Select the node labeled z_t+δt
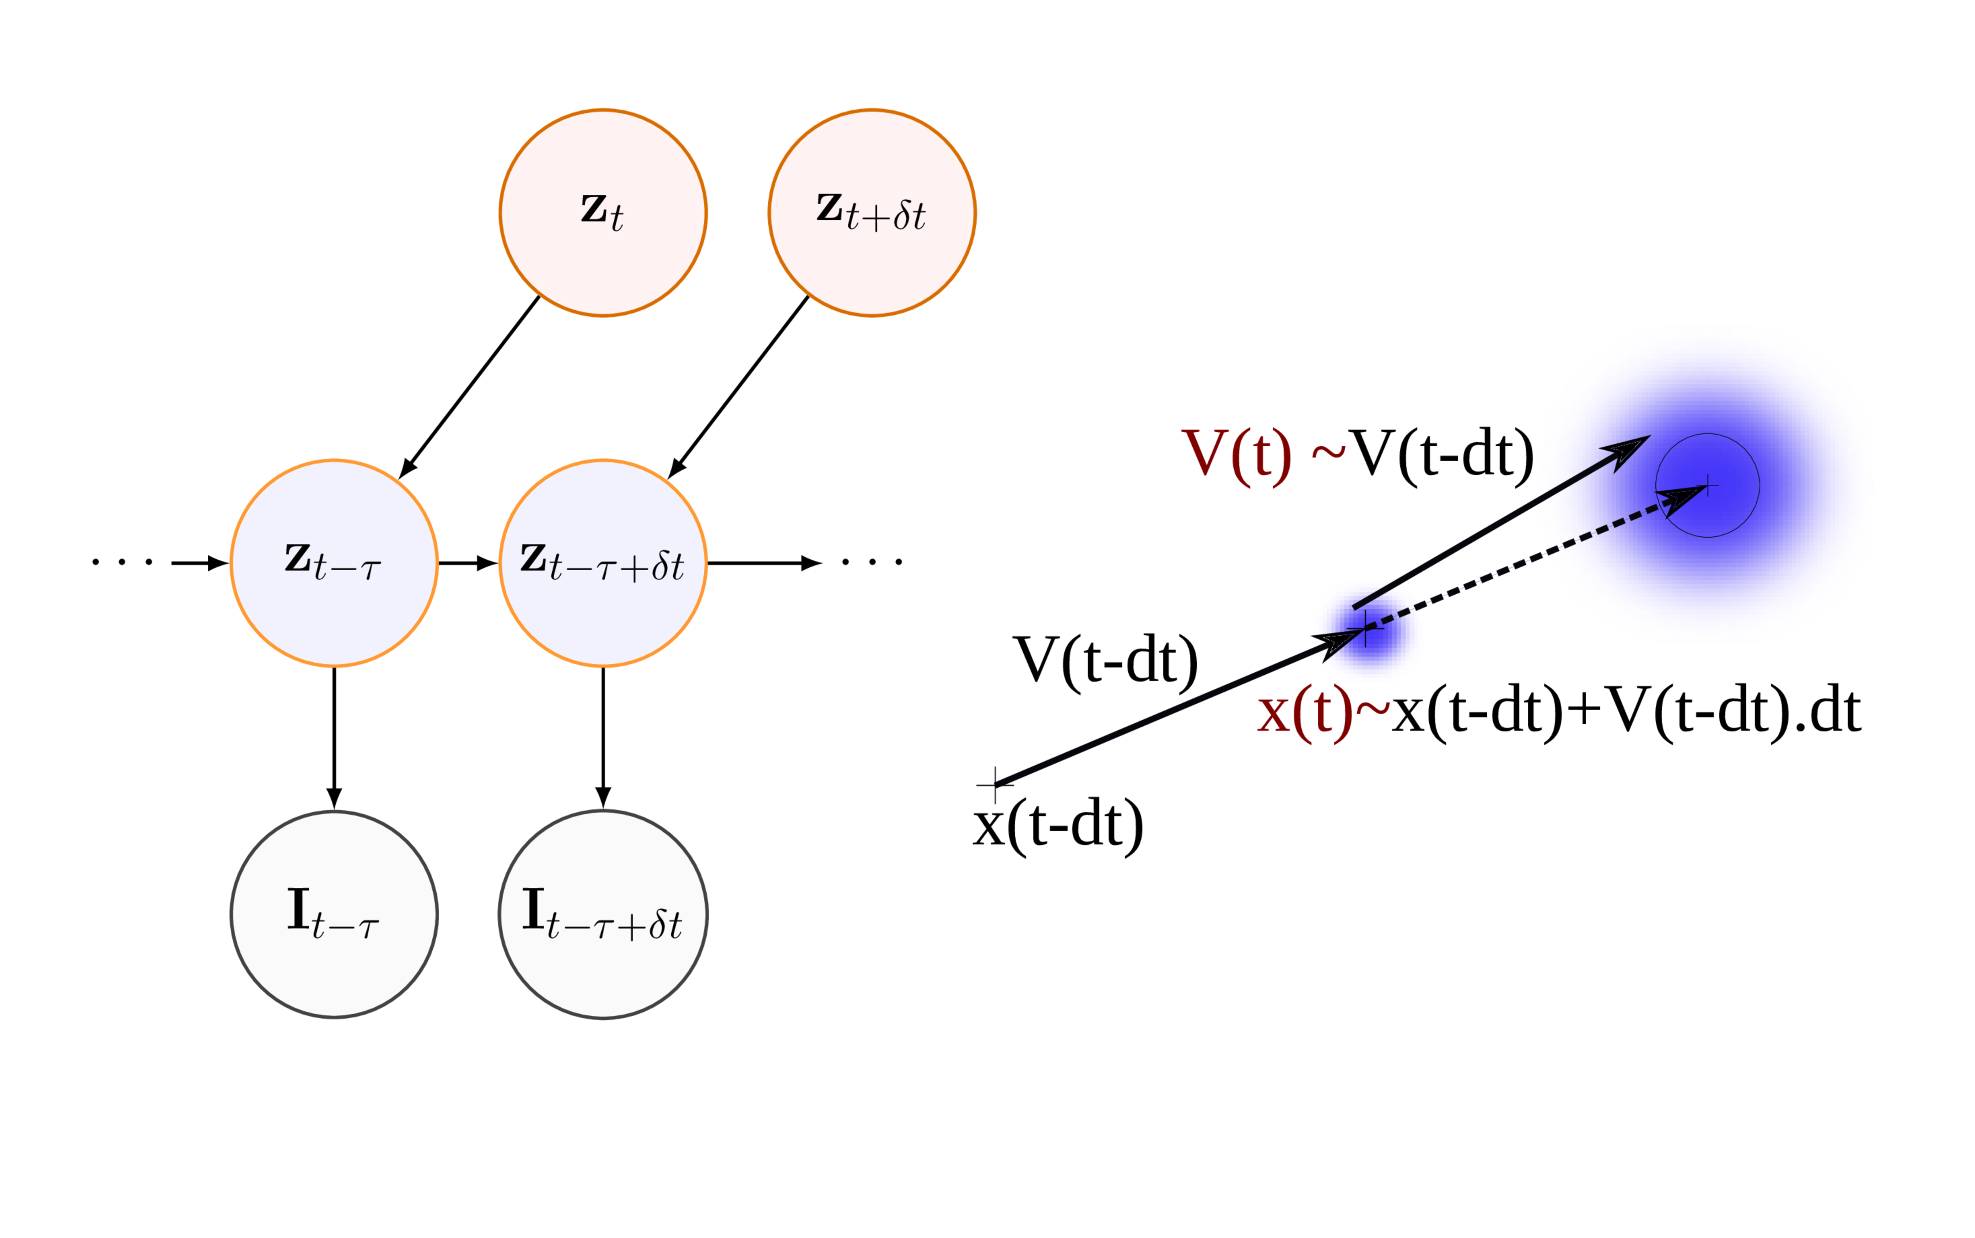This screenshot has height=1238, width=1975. pos(872,213)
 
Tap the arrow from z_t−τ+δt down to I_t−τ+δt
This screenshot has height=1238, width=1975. pos(603,737)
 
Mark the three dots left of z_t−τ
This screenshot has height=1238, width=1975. pos(121,562)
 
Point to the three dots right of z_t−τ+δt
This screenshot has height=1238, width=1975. pos(872,562)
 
